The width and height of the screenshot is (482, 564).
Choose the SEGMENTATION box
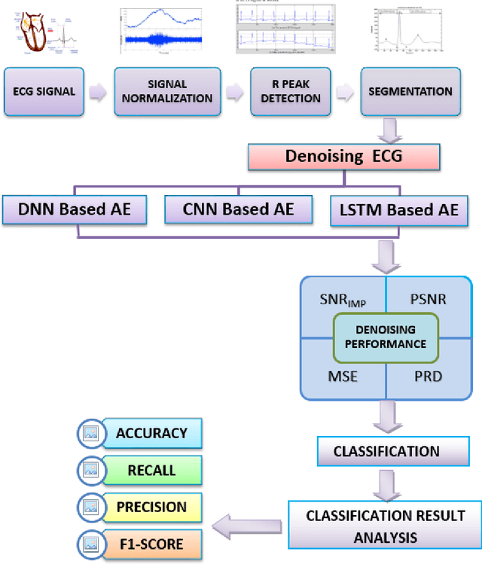(x=410, y=92)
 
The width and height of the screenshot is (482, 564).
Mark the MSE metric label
(x=343, y=374)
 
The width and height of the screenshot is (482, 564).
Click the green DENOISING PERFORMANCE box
(x=386, y=336)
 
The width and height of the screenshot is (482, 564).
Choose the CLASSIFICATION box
(x=387, y=451)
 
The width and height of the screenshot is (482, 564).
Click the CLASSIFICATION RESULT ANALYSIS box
(x=385, y=526)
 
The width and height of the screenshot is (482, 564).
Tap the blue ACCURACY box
(x=150, y=433)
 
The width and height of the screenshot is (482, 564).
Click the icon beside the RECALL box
(x=91, y=470)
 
